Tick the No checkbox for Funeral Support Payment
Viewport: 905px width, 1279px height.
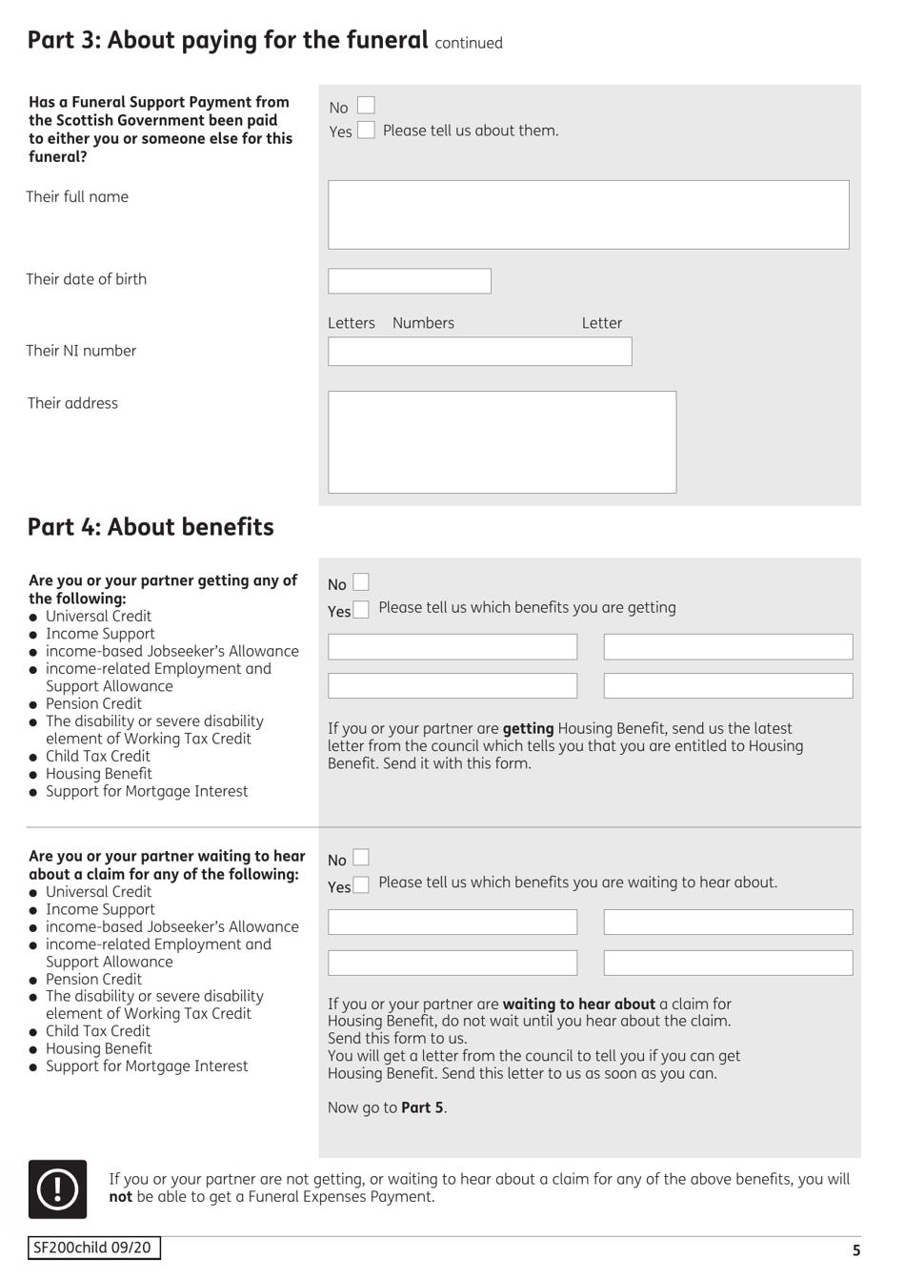[x=366, y=106]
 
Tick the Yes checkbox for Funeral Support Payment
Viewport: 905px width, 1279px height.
[x=366, y=131]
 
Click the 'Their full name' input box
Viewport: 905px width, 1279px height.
[x=588, y=214]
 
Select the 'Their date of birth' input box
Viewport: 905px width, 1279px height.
[x=409, y=280]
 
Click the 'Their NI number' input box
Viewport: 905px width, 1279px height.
[x=479, y=352]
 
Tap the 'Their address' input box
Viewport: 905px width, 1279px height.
[x=501, y=441]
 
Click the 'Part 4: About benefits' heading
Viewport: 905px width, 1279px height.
[x=151, y=527]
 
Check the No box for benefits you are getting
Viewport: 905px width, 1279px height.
[x=361, y=582]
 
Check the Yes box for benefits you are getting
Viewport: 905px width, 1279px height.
[x=361, y=610]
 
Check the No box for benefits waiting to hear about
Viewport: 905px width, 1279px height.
[x=361, y=858]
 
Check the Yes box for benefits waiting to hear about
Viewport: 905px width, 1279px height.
[x=361, y=885]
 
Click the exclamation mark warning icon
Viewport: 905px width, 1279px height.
[x=57, y=1188]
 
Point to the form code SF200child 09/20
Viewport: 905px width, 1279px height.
[x=93, y=1248]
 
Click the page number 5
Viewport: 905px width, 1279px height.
[x=855, y=1250]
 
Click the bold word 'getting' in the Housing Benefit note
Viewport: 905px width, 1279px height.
[x=528, y=728]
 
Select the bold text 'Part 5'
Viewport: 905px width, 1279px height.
[x=422, y=1107]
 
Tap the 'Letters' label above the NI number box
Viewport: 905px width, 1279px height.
[x=352, y=323]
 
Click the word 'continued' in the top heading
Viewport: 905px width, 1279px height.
[x=469, y=43]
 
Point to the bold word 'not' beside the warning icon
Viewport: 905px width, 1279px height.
[x=120, y=1197]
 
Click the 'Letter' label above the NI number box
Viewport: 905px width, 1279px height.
[x=601, y=323]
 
